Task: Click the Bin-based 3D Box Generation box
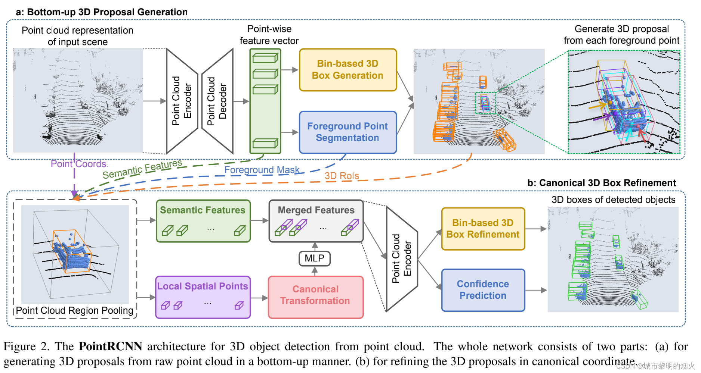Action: [348, 70]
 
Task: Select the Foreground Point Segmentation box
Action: [348, 132]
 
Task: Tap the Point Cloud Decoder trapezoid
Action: [217, 101]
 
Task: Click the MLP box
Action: [315, 258]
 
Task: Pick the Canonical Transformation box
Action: [316, 297]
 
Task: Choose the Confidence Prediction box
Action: [483, 290]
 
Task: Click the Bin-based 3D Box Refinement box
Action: [483, 229]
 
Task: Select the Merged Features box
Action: [316, 221]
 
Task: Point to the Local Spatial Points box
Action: [203, 297]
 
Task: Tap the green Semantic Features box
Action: [203, 221]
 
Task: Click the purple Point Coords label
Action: [79, 164]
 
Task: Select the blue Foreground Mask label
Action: [262, 170]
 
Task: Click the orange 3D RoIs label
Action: [342, 176]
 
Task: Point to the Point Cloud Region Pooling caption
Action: [75, 310]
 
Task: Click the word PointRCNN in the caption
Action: [110, 346]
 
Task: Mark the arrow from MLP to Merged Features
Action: [315, 247]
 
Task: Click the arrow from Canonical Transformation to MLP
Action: [315, 271]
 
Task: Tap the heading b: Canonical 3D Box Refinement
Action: [602, 183]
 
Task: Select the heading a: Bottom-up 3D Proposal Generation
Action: [102, 12]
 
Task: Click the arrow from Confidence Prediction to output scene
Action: [536, 290]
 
